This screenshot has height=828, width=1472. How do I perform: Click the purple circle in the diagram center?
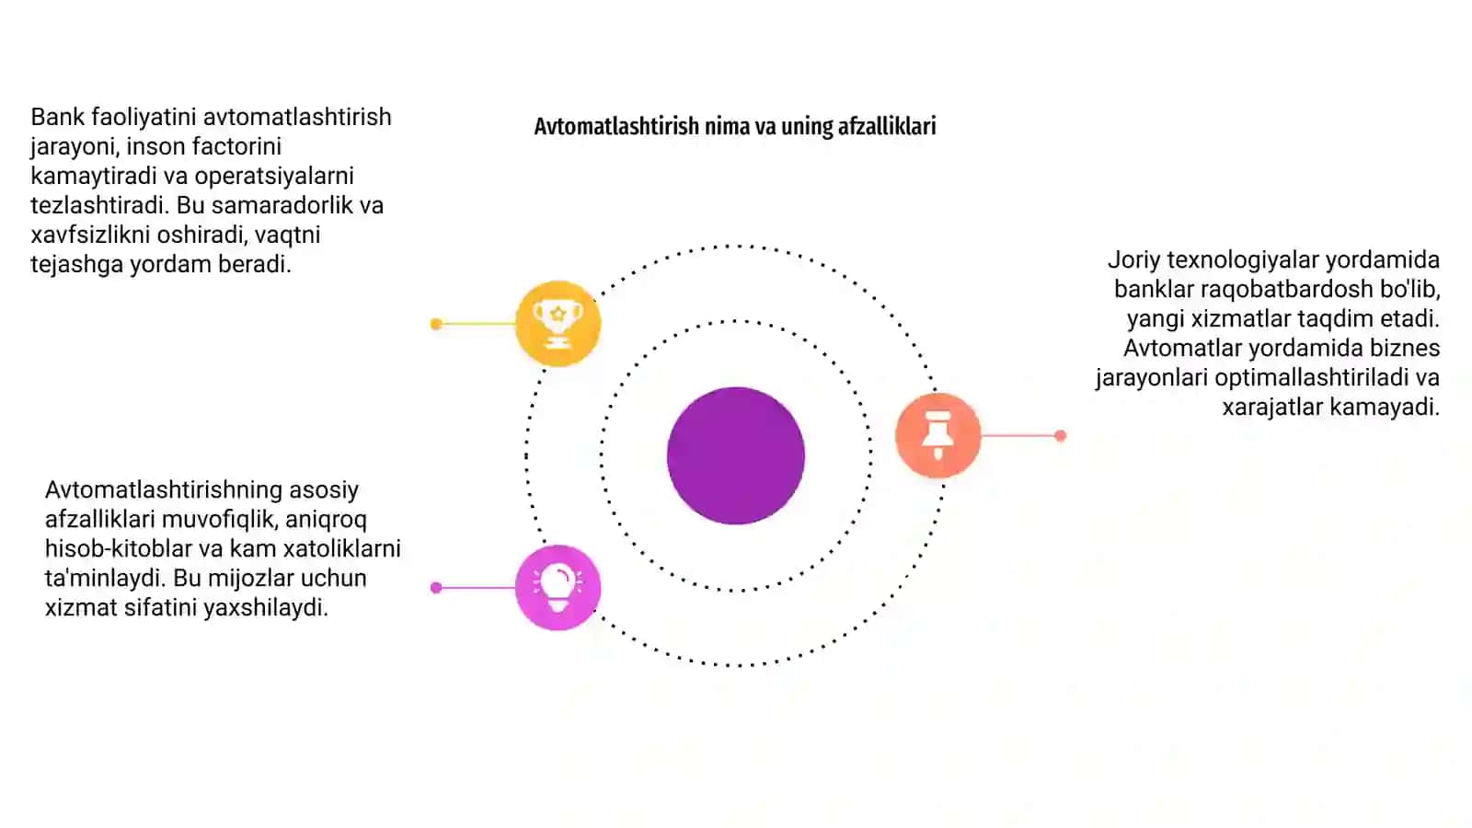tap(735, 455)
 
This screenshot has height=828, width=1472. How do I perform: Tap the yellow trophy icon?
tap(558, 323)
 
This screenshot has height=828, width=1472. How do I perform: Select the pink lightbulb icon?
tap(558, 588)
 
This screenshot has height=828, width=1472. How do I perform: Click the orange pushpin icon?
tap(937, 435)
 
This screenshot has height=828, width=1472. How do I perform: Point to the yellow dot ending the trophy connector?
tap(436, 324)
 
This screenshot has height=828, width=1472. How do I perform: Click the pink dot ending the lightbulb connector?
tap(436, 588)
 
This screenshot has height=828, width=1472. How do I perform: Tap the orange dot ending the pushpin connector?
tap(1060, 435)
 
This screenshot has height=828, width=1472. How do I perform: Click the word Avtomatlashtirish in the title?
tap(616, 126)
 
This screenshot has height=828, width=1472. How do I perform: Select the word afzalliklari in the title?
tap(887, 126)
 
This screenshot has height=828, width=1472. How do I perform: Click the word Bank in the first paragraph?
tap(58, 117)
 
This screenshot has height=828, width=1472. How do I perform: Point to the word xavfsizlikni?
tap(91, 235)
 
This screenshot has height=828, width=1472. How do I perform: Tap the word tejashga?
tap(77, 264)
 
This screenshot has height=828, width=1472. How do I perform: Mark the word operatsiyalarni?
tap(274, 176)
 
